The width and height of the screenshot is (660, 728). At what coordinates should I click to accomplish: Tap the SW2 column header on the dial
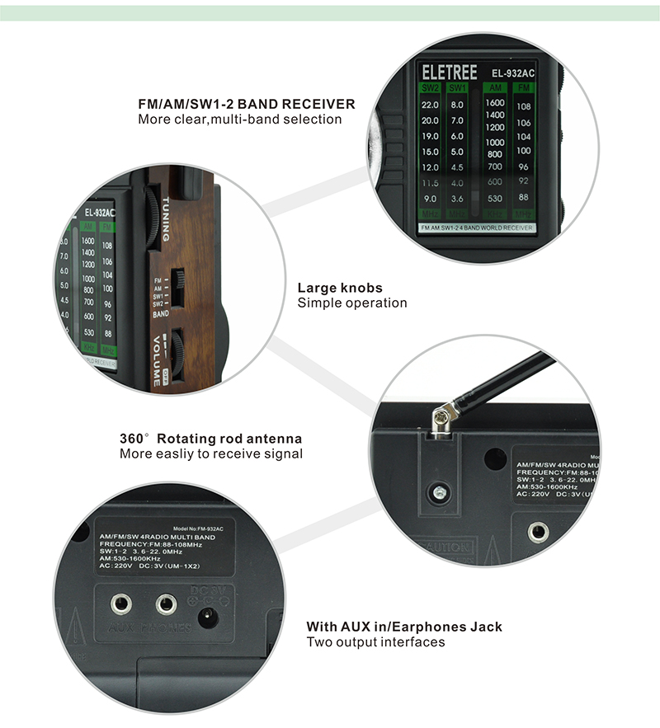pos(430,88)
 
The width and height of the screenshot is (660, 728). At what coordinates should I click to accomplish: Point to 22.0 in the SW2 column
pos(430,106)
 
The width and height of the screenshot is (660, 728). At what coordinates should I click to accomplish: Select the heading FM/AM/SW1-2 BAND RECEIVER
pos(247,105)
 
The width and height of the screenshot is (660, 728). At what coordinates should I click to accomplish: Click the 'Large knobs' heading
pos(340,288)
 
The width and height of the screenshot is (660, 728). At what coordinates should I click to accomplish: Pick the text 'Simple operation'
pos(352,303)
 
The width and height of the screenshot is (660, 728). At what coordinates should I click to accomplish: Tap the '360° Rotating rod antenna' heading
pos(210,439)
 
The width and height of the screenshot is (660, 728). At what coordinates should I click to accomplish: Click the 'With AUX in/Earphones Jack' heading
pos(404,627)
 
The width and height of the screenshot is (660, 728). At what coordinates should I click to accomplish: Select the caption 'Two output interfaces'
pos(376,642)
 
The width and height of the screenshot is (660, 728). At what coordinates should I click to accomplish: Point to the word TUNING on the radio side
pos(166,218)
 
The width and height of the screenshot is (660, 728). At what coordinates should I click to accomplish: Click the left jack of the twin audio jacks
pos(122,604)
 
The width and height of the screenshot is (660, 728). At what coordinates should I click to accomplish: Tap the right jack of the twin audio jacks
pos(167,604)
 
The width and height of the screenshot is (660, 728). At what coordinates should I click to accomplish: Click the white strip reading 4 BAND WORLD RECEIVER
pos(476,227)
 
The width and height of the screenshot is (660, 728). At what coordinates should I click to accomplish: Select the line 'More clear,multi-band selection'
pos(239,120)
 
